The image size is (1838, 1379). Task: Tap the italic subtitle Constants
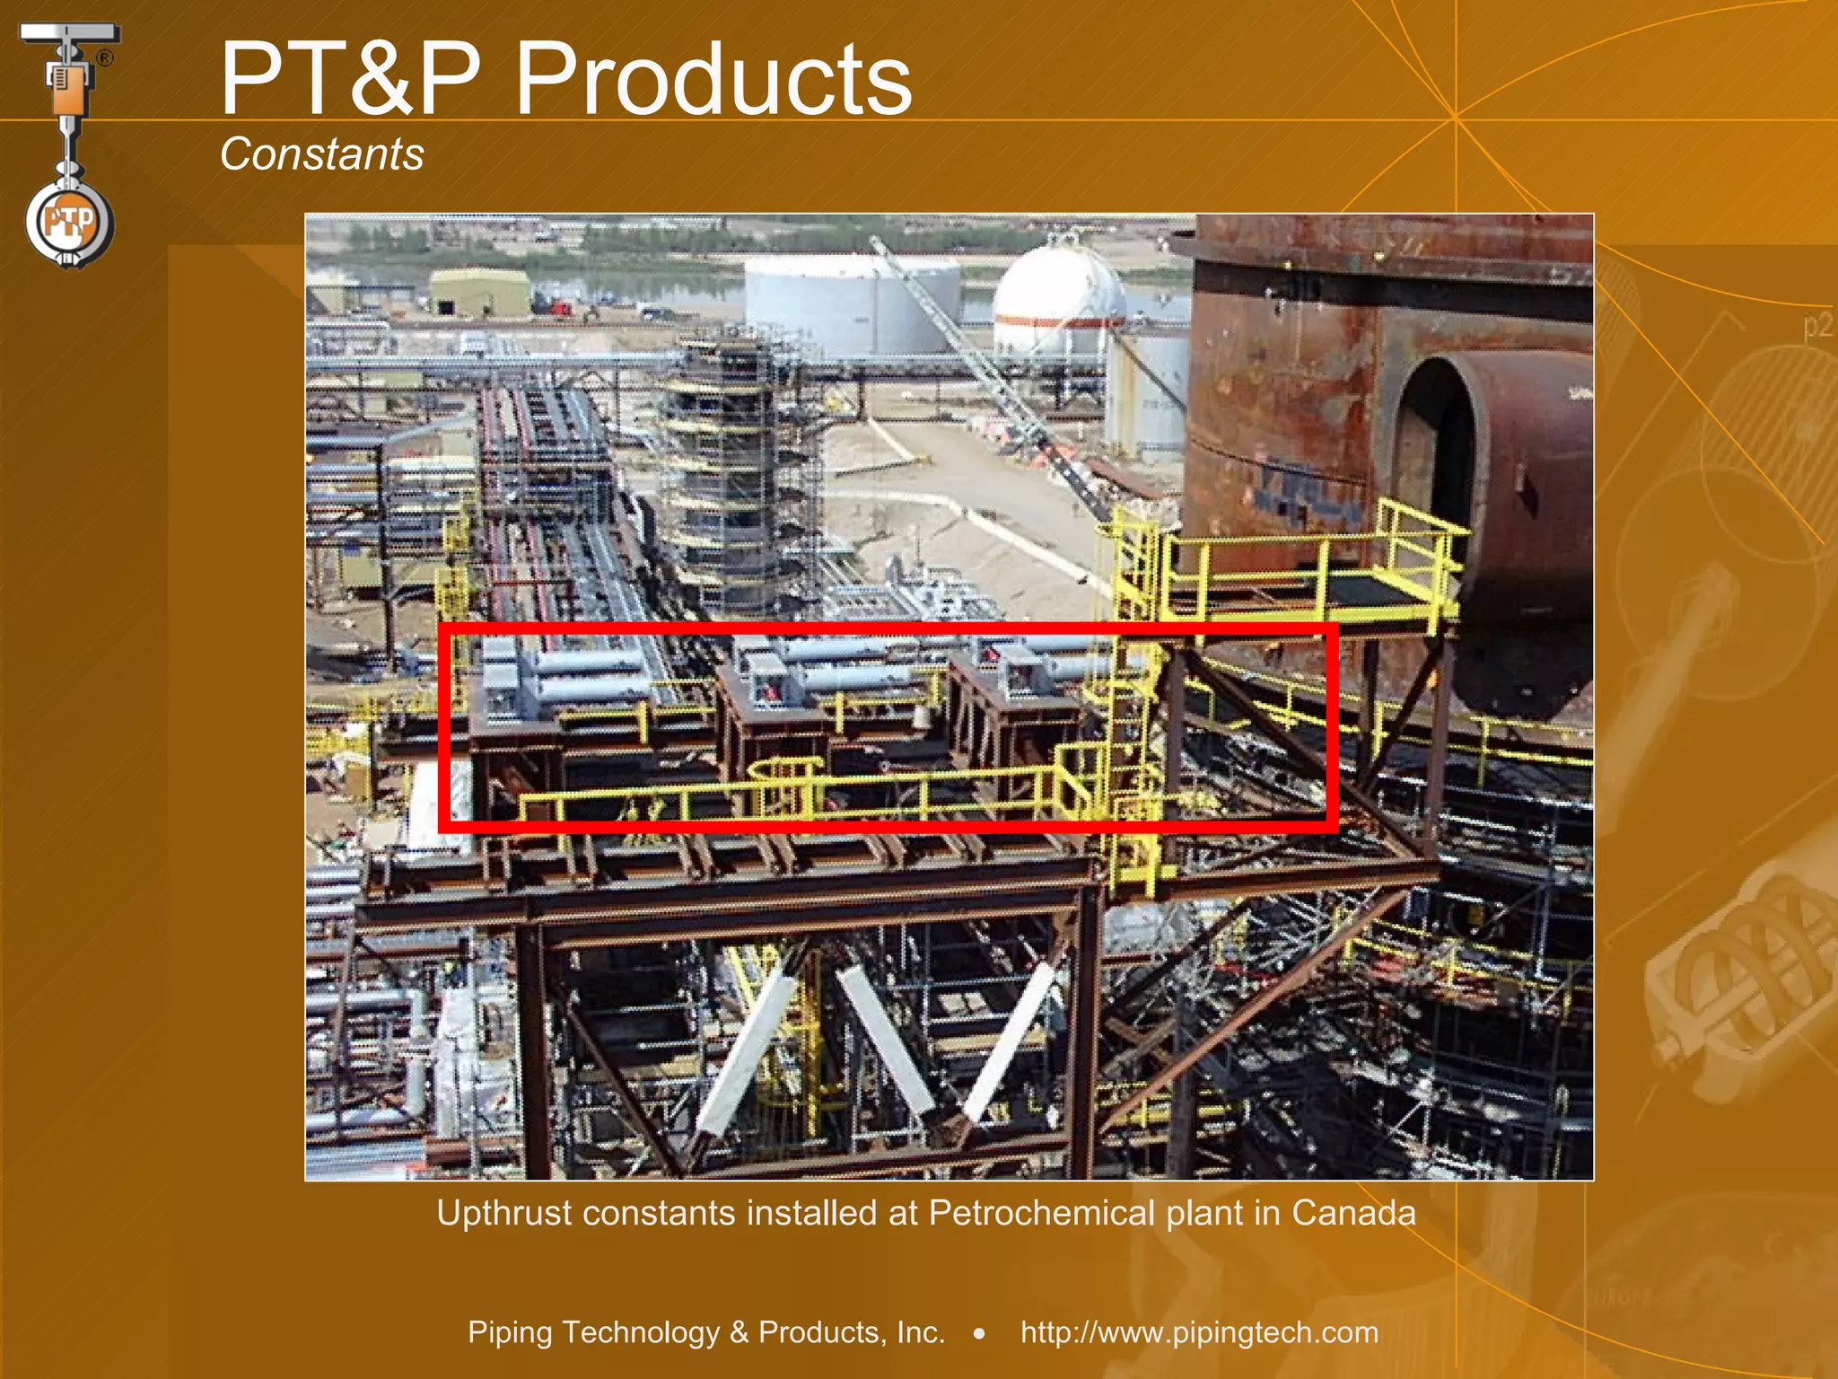321,154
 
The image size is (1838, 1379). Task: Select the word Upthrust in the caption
503,1214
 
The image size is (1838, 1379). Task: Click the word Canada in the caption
1353,1213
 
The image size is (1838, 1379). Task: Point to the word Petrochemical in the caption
1041,1213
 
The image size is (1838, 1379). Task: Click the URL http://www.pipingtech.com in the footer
1199,1332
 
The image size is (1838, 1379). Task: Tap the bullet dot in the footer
980,1334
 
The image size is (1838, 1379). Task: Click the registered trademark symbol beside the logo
105,58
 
